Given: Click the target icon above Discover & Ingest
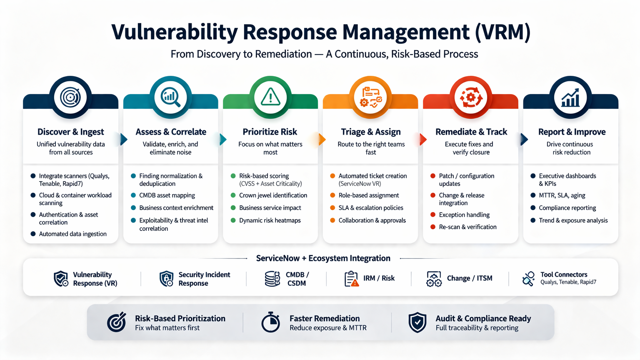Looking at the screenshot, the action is [70, 97].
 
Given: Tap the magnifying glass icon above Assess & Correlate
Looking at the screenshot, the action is [170, 97].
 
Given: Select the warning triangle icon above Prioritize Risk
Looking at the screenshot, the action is [270, 97].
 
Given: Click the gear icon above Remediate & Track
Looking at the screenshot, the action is [471, 97].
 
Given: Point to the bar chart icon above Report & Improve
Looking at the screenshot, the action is [570, 97].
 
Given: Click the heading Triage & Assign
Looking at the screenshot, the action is [371, 132].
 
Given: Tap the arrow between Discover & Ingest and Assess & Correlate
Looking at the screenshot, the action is [124, 139].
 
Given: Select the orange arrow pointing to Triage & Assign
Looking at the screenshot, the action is [322, 139].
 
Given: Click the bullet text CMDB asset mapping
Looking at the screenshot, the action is [167, 195].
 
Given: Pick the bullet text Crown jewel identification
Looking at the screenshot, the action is [273, 195].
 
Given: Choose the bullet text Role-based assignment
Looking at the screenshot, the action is [369, 195].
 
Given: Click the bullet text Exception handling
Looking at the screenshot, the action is [464, 215].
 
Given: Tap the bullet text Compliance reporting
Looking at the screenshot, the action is [567, 208].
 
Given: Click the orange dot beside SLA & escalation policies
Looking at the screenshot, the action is [332, 208].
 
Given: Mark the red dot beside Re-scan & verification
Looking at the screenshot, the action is [433, 227].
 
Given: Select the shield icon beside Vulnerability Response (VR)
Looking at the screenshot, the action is [61, 279].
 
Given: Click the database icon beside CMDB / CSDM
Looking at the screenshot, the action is [272, 279].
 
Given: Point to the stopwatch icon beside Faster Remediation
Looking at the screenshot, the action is [271, 322].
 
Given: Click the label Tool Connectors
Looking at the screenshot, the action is [564, 275].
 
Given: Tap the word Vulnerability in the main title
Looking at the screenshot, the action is [174, 32].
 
